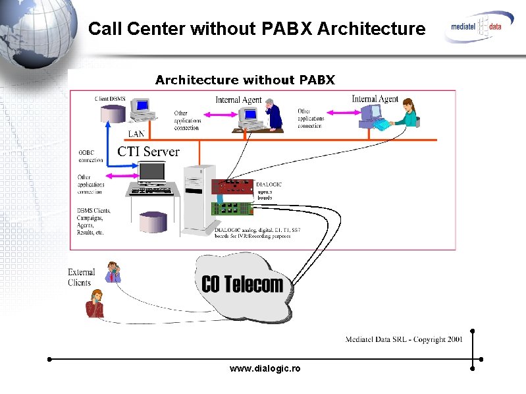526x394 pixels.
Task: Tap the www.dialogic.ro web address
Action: [x=265, y=368]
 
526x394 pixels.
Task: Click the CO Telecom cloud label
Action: [x=242, y=285]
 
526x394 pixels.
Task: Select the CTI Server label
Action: [x=148, y=152]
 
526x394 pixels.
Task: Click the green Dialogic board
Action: [x=232, y=209]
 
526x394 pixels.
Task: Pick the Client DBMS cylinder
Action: [x=113, y=113]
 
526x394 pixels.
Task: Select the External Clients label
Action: [x=81, y=277]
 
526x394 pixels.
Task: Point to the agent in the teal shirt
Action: [x=408, y=113]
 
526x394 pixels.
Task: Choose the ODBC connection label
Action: [x=91, y=156]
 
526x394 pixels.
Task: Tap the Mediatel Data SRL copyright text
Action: [x=404, y=339]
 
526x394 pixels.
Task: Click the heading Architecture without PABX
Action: [x=245, y=80]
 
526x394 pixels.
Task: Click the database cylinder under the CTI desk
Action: [x=153, y=221]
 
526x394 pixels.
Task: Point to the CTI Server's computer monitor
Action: [x=152, y=172]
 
